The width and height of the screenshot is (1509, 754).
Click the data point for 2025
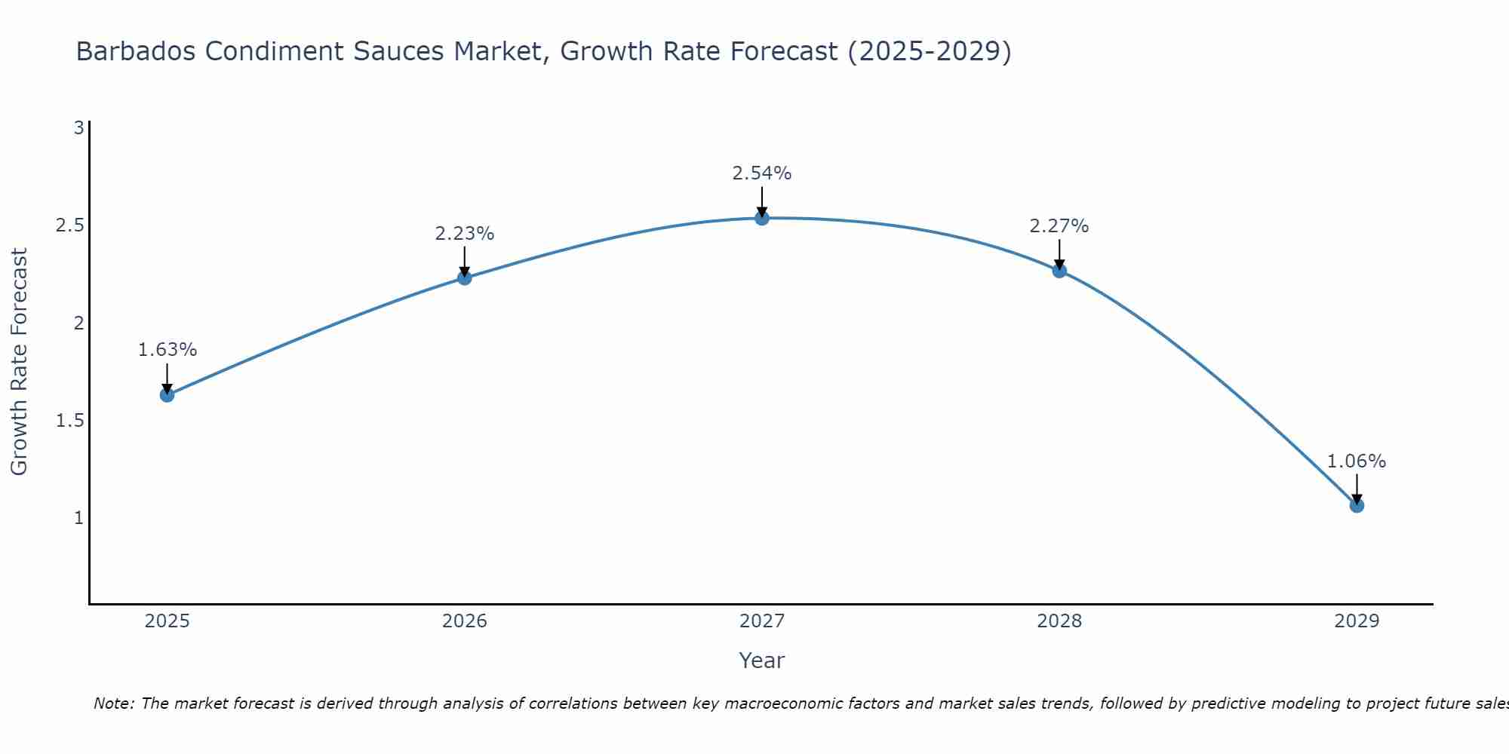167,395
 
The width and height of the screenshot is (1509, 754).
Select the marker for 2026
465,278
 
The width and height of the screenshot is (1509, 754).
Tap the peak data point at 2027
762,219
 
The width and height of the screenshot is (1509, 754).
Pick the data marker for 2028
1059,271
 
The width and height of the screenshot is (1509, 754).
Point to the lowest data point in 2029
1357,506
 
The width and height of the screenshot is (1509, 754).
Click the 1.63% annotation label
167,350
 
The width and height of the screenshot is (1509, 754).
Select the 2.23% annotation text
465,234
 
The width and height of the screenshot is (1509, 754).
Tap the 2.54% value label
762,173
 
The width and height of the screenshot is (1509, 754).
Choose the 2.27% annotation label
1059,226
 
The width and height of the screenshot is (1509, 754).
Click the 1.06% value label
1357,461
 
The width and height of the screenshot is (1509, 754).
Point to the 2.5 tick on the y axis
69,225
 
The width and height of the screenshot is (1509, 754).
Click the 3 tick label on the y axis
78,128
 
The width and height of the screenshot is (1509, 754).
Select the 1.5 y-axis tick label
69,421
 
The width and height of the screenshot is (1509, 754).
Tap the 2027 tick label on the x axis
762,621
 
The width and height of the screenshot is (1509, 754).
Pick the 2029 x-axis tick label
1357,621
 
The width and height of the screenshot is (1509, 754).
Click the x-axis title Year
762,661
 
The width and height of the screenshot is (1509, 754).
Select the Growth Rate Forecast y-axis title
19,362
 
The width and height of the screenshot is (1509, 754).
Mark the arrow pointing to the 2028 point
1059,254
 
